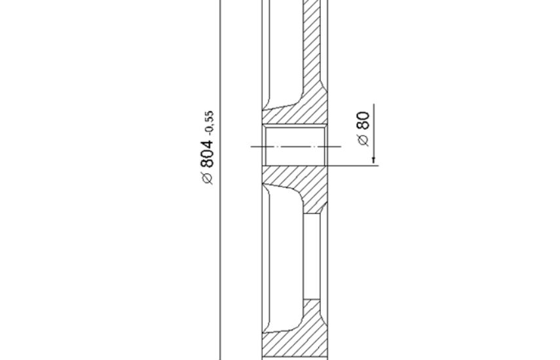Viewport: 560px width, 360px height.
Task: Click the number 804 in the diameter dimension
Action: [207, 154]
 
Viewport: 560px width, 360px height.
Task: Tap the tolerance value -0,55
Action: [210, 122]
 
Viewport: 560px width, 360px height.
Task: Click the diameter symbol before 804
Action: [208, 178]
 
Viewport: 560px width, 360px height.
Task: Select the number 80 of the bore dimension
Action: [364, 120]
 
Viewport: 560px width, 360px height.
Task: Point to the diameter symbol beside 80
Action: [364, 140]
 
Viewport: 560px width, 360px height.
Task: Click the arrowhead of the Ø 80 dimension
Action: [373, 160]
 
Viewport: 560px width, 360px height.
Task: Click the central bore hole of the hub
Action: [295, 145]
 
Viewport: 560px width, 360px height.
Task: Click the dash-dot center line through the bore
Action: [296, 146]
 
